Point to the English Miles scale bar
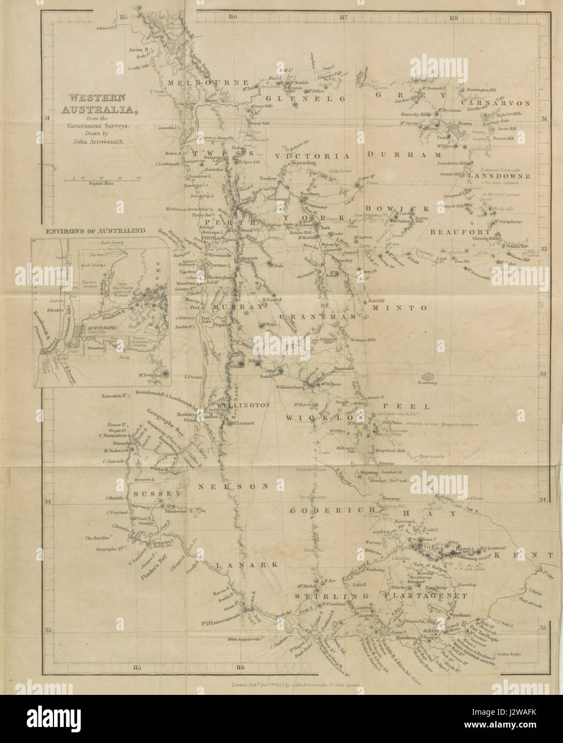(102, 180)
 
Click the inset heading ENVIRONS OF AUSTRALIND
(96, 230)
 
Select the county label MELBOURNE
(208, 83)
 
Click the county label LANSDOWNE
(498, 176)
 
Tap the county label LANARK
(248, 564)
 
